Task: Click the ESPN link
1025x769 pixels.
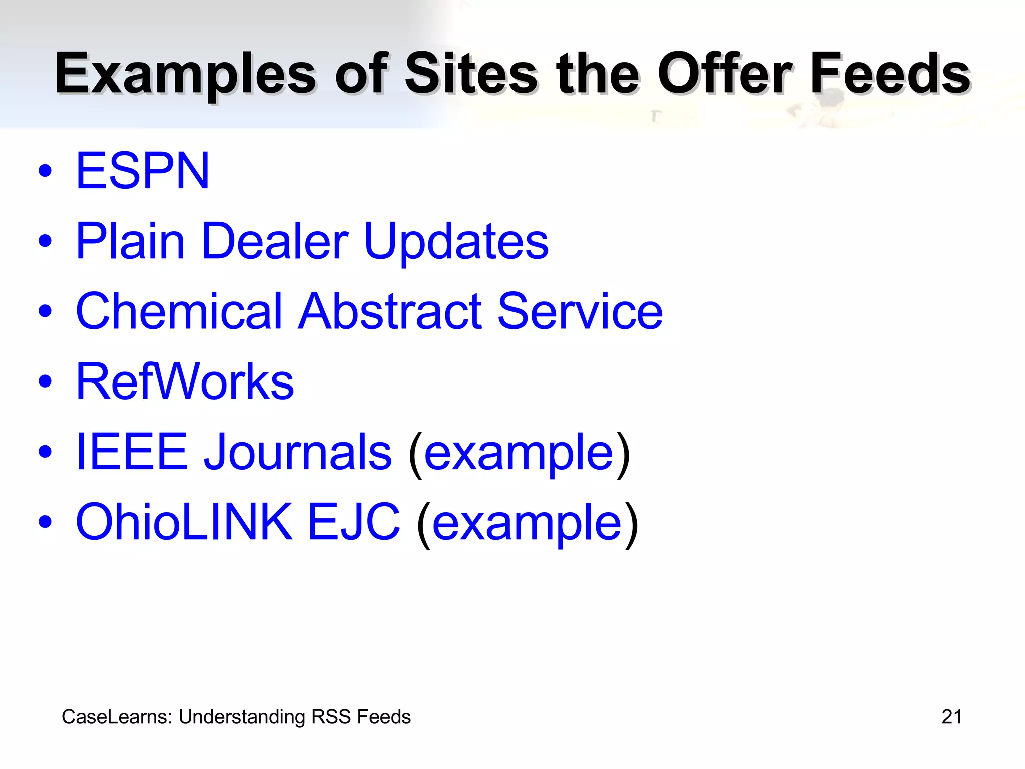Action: (142, 171)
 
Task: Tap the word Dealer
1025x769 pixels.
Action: (274, 242)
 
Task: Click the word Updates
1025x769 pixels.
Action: (456, 242)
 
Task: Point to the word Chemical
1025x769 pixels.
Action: (179, 311)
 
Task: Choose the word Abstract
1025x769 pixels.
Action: (390, 311)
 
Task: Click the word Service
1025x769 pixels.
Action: (580, 311)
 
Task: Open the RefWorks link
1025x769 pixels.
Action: (185, 382)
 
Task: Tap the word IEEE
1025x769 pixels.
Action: (132, 452)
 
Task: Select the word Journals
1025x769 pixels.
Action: (298, 452)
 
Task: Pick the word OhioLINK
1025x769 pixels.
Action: (184, 522)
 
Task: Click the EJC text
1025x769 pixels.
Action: (353, 522)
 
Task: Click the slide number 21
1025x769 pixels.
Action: (951, 717)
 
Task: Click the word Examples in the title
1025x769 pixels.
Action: (186, 75)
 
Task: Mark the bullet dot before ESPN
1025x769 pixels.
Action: (45, 171)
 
